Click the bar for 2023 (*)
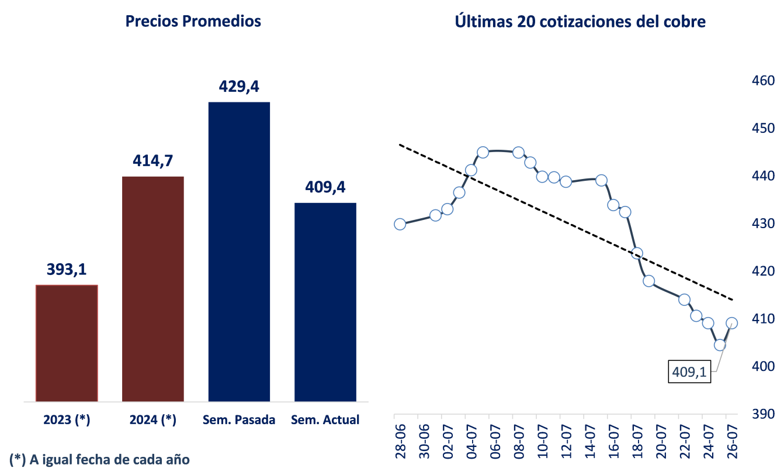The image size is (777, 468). [x=67, y=343]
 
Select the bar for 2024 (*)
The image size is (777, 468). [x=153, y=289]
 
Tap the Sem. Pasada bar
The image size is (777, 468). [x=239, y=252]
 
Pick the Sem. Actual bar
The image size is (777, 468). [x=325, y=302]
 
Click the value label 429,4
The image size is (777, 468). [x=239, y=87]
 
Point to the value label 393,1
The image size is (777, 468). [x=67, y=270]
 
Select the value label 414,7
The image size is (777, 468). [x=153, y=161]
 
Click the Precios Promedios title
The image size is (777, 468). [x=193, y=22]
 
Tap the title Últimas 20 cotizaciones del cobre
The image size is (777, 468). [x=580, y=22]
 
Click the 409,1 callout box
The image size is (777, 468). [x=689, y=371]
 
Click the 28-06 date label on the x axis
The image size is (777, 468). [x=400, y=436]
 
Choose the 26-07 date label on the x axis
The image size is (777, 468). [x=731, y=436]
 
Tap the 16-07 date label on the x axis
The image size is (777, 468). [x=613, y=436]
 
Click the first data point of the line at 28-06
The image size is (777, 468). [x=400, y=224]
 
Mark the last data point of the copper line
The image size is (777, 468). [x=731, y=323]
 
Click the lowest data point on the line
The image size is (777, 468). [x=720, y=345]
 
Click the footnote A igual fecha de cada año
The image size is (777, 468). [x=100, y=459]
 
